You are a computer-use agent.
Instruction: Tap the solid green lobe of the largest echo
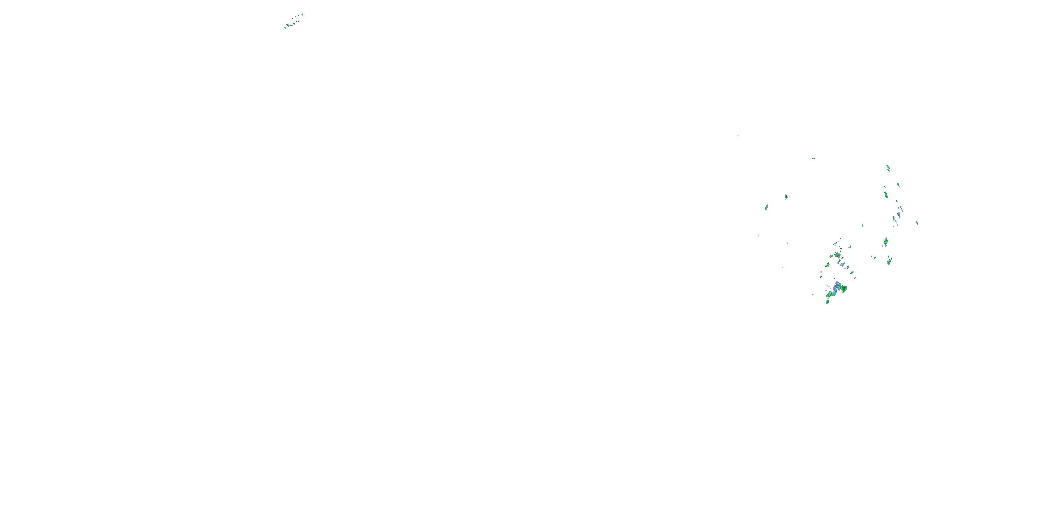(x=843, y=288)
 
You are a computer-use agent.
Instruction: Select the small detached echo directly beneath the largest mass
(x=827, y=302)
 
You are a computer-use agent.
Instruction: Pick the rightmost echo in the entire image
(x=917, y=223)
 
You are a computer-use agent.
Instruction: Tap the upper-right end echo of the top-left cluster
(x=302, y=15)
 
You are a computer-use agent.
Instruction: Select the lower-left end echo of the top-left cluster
(x=285, y=28)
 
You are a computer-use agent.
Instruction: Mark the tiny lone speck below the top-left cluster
(x=293, y=50)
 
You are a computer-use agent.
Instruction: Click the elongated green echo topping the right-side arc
(x=888, y=167)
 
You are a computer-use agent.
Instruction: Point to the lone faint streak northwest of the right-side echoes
(x=738, y=136)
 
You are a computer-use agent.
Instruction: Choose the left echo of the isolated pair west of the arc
(x=766, y=207)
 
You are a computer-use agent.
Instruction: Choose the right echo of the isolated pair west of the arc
(x=786, y=197)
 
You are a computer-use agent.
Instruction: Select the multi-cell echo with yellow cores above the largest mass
(x=837, y=255)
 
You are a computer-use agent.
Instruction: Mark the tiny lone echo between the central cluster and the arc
(x=863, y=225)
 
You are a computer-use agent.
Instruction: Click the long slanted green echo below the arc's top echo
(x=886, y=194)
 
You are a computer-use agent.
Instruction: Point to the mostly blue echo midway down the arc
(x=898, y=214)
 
